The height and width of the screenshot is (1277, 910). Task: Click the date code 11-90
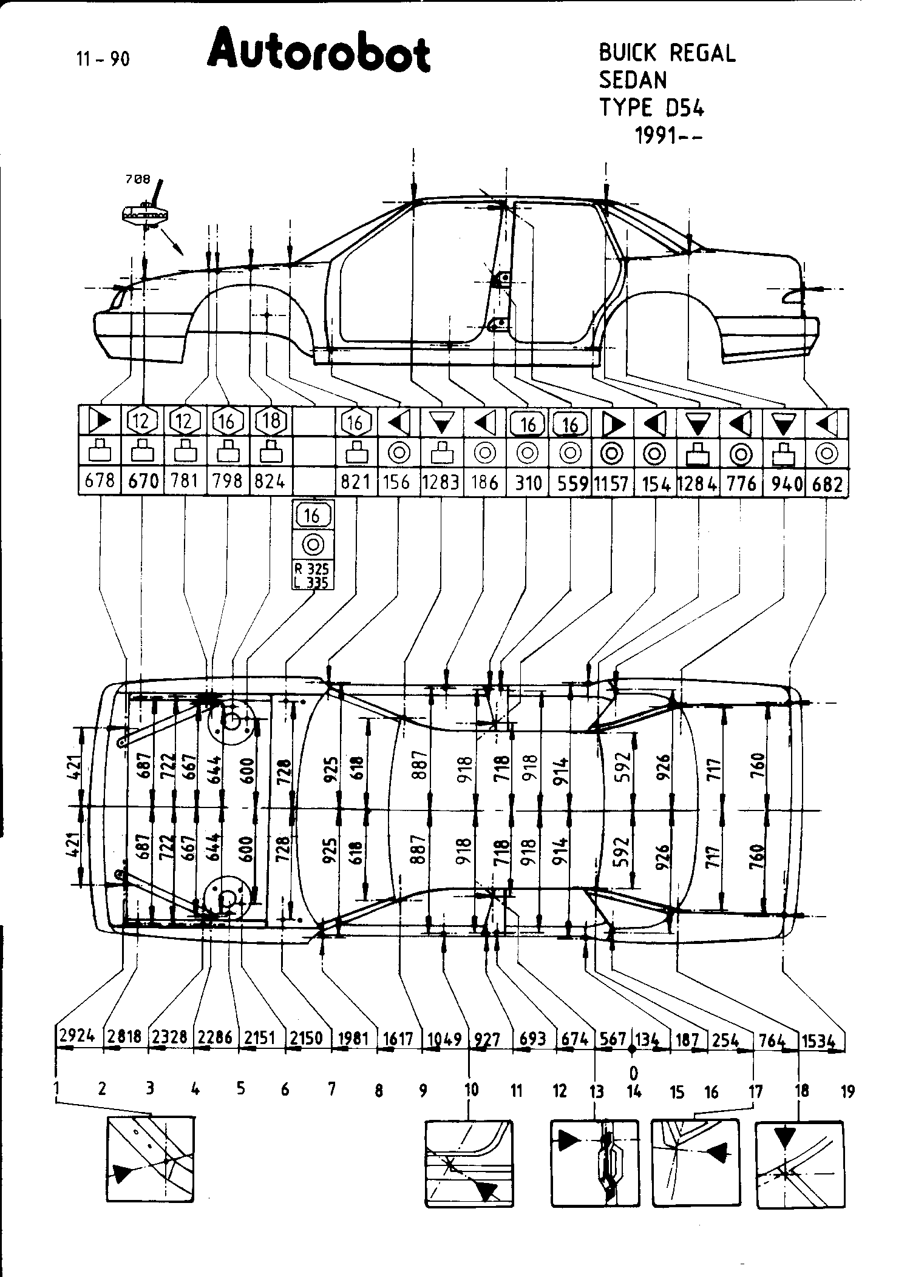coord(103,59)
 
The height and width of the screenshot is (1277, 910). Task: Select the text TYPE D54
coord(651,107)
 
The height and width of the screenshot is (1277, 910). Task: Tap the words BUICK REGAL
coord(667,53)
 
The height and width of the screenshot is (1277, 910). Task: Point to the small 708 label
coord(137,179)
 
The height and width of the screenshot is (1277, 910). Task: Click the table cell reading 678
coord(100,481)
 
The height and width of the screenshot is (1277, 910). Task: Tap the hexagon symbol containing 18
coord(270,420)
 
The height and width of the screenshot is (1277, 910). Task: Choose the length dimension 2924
coord(77,1036)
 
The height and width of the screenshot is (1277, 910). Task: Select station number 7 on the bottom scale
coord(331,1089)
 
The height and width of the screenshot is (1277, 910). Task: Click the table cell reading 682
coord(827,482)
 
